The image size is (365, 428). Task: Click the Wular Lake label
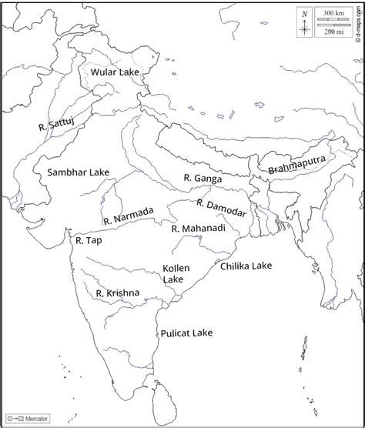[x=115, y=72]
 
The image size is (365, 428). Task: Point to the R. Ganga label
[x=202, y=178]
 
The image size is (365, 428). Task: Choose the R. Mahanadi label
[x=198, y=229]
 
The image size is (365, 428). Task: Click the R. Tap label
[x=89, y=240]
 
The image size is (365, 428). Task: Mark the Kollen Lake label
[x=173, y=273]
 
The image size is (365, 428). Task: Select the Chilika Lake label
[x=246, y=266]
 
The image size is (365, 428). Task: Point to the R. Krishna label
[x=118, y=293]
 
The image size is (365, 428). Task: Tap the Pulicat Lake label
[x=186, y=333]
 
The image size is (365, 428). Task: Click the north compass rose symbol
[x=306, y=30]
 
